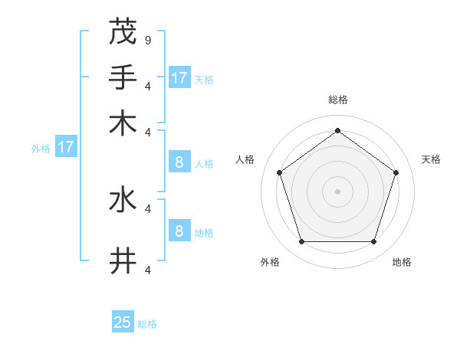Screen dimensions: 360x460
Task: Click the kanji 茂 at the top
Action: pos(123,32)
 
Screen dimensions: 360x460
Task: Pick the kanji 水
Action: pos(123,200)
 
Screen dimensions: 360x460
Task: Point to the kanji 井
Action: pos(123,261)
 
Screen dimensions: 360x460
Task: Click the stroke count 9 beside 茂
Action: pos(147,39)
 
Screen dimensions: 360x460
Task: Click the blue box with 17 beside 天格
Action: pos(179,77)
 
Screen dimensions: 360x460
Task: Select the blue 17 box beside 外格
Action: pos(66,147)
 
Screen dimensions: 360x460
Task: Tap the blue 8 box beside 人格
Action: pos(179,162)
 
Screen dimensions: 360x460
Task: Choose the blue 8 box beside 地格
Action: pos(179,231)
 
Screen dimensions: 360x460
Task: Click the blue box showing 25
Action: pos(123,322)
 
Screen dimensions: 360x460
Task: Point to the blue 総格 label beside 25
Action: pos(147,324)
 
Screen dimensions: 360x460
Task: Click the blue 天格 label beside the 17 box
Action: pos(204,79)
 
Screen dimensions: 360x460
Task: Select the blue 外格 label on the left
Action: pos(41,149)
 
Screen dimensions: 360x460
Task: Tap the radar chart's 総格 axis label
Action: pos(338,100)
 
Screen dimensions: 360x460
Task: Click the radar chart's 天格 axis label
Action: pos(432,159)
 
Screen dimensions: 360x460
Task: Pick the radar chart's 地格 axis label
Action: pos(402,262)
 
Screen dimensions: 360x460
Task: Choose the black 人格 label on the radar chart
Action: pos(245,159)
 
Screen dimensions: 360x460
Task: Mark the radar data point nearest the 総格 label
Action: pos(337,131)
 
